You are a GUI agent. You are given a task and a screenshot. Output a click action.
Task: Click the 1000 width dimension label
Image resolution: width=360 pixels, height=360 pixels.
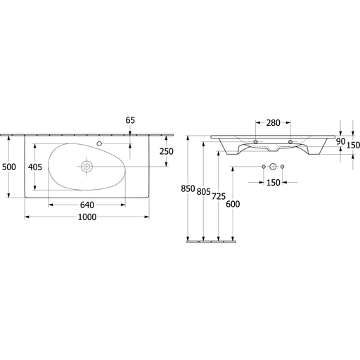(87, 217)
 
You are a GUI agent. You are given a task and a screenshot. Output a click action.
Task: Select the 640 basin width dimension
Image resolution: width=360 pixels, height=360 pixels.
(87, 205)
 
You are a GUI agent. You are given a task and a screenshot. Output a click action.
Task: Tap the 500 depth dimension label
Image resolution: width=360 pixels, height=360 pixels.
(9, 167)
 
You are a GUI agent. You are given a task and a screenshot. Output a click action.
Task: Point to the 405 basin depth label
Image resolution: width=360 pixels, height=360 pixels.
(35, 167)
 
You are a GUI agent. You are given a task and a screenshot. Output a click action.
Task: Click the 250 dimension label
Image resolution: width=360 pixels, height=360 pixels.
(167, 152)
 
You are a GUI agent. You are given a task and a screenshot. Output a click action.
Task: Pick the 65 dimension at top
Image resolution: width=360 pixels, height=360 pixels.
(130, 120)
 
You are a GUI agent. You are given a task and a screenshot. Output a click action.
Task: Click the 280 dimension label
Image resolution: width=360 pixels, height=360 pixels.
(273, 122)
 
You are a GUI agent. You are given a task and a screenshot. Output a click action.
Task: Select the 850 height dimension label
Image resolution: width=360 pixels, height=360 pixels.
(188, 188)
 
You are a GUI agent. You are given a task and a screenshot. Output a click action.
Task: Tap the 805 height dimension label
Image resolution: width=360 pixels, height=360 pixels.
(204, 192)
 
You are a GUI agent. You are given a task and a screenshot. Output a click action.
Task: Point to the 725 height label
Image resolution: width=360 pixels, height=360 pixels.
(219, 196)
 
